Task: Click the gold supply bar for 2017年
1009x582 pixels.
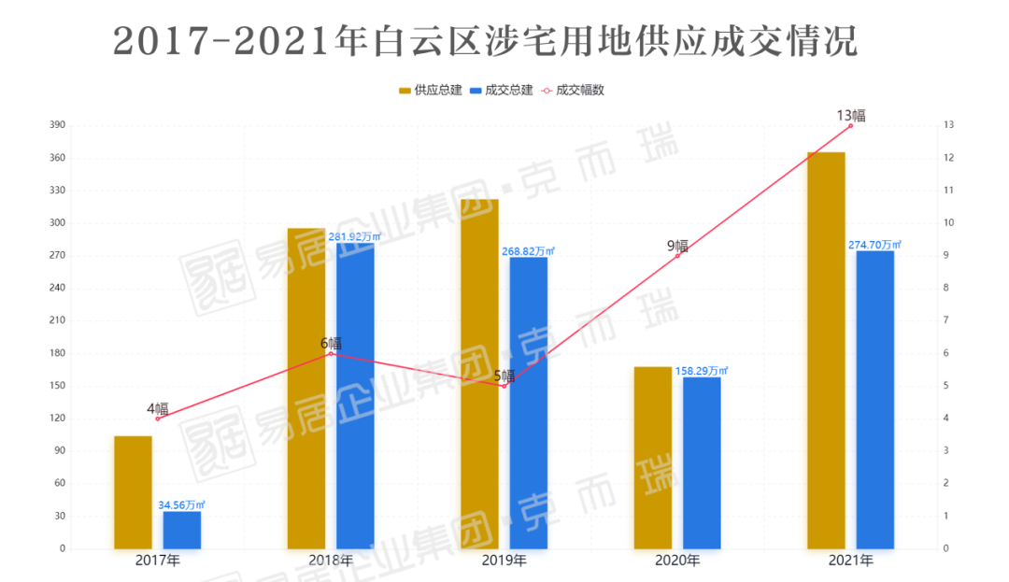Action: point(133,492)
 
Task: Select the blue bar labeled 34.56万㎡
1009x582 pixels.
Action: point(181,530)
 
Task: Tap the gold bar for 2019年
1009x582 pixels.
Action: point(479,374)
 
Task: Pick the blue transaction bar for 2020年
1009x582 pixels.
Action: point(702,462)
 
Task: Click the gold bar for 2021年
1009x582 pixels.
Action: point(826,350)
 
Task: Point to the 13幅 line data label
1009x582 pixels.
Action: point(850,116)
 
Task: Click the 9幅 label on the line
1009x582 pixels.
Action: point(677,247)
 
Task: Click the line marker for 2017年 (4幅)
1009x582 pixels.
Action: point(157,419)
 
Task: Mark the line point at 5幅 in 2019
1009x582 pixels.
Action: point(504,386)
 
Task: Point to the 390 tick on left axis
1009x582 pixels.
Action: point(56,125)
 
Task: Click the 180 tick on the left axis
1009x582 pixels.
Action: point(56,353)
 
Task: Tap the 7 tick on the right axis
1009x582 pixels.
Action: point(947,320)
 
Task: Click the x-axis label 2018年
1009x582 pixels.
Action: point(331,561)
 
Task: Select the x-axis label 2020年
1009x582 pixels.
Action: point(677,561)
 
